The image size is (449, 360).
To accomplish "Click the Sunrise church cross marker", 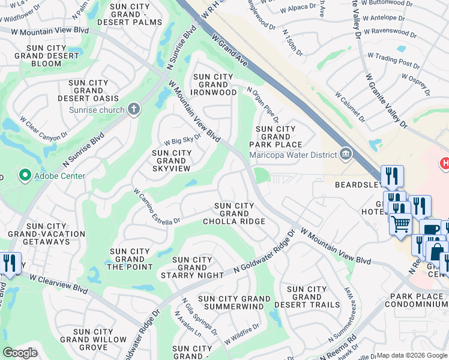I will point(134,110).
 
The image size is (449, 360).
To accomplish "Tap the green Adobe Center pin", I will point(25,176).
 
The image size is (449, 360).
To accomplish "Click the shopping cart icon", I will point(400,224).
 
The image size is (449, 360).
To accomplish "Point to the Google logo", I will point(20,353).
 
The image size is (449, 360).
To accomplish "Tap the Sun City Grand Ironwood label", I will point(213,85).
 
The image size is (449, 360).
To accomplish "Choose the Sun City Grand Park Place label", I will point(276,137).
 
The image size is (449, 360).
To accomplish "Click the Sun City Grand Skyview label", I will point(172,161).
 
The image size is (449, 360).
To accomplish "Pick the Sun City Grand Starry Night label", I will point(192,268).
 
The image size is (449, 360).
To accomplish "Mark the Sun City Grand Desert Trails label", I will point(307,297).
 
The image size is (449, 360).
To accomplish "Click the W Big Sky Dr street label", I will point(182,140).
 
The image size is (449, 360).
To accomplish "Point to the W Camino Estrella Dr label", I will point(156,207).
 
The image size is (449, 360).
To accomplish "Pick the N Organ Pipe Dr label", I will point(263,104).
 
